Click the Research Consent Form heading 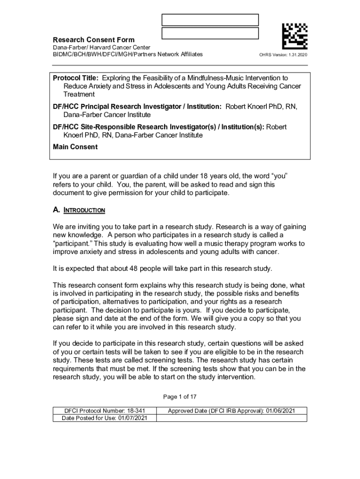tap(94, 40)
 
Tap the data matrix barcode tap(295, 36)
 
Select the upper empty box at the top tap(210, 20)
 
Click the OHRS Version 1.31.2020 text tap(283, 55)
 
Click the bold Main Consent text tap(75, 147)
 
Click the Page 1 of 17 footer tap(180, 397)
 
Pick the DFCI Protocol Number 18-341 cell tap(104, 411)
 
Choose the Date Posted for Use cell tap(104, 418)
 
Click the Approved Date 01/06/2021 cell tap(231, 411)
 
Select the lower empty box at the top tap(210, 33)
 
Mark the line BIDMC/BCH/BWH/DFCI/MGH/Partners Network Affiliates tap(128, 54)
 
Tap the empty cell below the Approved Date tap(231, 418)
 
